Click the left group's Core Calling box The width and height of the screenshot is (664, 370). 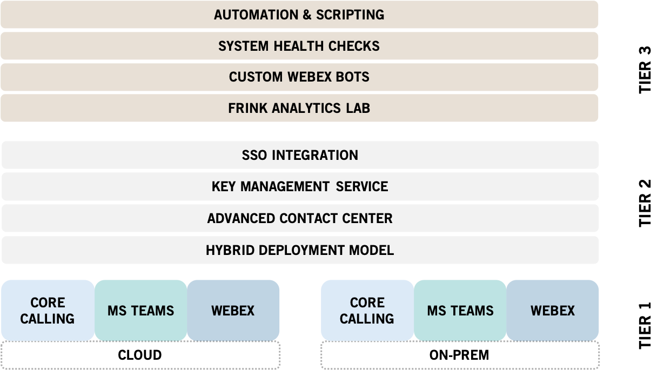(48, 311)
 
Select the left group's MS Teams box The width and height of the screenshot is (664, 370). (140, 311)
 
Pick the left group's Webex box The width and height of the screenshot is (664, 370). (233, 311)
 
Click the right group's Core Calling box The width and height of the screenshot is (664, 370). (367, 311)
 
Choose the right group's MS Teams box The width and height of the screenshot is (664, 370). (460, 311)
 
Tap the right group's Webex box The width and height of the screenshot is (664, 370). (552, 311)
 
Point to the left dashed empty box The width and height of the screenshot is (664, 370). (140, 355)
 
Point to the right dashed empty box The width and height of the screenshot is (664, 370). (460, 355)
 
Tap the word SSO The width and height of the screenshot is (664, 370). (254, 155)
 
